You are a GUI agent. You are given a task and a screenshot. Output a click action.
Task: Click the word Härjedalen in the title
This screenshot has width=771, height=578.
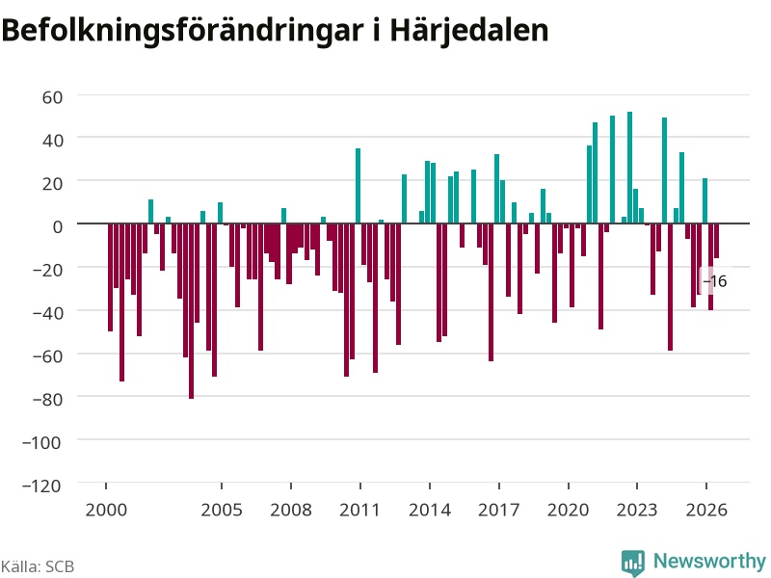469,31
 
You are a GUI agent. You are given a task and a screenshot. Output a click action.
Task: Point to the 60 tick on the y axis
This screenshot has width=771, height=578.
53,97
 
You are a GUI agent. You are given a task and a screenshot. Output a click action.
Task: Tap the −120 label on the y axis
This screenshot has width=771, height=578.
41,486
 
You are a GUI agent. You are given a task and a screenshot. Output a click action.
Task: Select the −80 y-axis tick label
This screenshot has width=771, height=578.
47,399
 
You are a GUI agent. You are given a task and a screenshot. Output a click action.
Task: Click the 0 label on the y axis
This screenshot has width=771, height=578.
58,226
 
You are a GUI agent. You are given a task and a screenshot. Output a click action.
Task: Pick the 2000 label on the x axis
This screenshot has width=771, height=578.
106,510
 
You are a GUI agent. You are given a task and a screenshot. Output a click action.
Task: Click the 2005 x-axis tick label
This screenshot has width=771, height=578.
222,510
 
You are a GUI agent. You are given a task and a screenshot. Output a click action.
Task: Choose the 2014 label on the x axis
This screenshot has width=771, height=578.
430,510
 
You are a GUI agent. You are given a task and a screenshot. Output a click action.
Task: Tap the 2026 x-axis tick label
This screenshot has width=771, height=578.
706,510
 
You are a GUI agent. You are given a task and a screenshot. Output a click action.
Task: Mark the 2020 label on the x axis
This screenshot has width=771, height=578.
568,510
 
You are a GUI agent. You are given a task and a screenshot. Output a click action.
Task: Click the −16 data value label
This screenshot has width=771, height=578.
715,281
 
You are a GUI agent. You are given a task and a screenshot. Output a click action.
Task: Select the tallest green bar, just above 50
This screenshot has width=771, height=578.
630,168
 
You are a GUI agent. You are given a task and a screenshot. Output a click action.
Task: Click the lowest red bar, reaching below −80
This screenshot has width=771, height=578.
191,311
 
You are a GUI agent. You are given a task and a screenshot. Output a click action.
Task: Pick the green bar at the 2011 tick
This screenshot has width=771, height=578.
358,186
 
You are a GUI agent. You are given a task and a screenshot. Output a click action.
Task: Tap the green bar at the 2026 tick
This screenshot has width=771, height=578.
705,201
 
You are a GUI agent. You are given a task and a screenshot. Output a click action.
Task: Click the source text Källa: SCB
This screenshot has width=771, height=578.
38,566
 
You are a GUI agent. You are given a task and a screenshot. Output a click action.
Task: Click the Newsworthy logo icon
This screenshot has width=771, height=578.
633,563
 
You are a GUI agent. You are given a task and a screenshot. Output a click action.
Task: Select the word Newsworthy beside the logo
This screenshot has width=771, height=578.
709,561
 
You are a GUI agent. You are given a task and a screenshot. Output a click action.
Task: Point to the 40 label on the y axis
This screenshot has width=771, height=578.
53,141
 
